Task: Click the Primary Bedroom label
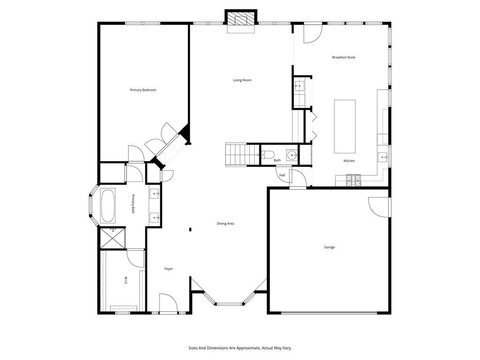(x=143, y=90)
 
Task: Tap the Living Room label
(x=242, y=80)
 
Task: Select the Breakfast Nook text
(x=344, y=57)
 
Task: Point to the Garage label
(x=330, y=247)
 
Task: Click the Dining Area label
(x=225, y=224)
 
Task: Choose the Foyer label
(x=168, y=269)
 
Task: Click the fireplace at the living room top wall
(x=241, y=21)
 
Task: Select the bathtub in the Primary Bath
(x=107, y=205)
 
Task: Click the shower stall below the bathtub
(x=112, y=238)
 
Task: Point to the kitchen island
(x=345, y=126)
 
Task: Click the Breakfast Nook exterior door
(x=312, y=32)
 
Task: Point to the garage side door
(x=380, y=206)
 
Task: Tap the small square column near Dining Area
(x=190, y=229)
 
